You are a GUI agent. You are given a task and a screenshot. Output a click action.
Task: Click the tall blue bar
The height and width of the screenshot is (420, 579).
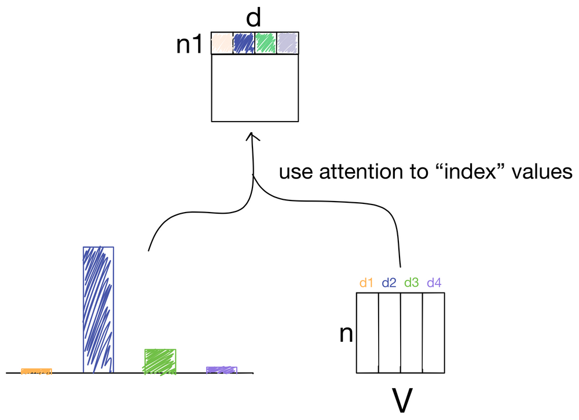pyautogui.click(x=98, y=310)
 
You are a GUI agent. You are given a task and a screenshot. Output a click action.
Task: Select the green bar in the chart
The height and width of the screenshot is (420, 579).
pyautogui.click(x=160, y=361)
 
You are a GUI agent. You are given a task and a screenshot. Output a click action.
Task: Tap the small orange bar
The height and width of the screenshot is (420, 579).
pyautogui.click(x=36, y=371)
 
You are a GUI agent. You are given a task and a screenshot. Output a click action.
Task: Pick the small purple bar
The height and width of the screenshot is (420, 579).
pyautogui.click(x=222, y=370)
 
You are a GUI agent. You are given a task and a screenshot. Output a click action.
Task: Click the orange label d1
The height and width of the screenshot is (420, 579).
pyautogui.click(x=366, y=283)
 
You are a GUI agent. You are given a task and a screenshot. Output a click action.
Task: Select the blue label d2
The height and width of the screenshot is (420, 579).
pyautogui.click(x=389, y=283)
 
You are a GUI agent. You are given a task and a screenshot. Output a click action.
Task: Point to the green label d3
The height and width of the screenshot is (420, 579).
pyautogui.click(x=412, y=283)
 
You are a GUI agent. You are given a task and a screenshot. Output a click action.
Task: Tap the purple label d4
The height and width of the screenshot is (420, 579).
pyautogui.click(x=435, y=283)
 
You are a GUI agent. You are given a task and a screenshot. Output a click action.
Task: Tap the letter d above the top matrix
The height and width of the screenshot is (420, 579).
pyautogui.click(x=253, y=19)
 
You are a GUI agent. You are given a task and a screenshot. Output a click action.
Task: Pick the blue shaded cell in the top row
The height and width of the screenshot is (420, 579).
pyautogui.click(x=244, y=43)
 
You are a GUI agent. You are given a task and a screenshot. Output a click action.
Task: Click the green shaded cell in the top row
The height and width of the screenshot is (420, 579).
pyautogui.click(x=266, y=43)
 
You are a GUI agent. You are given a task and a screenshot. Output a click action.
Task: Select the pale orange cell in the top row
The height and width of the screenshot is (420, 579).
pyautogui.click(x=222, y=43)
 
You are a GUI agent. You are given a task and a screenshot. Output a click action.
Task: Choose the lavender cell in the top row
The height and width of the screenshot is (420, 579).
pyautogui.click(x=288, y=43)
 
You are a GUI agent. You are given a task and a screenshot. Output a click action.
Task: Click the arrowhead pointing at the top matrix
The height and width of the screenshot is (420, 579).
pyautogui.click(x=251, y=137)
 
